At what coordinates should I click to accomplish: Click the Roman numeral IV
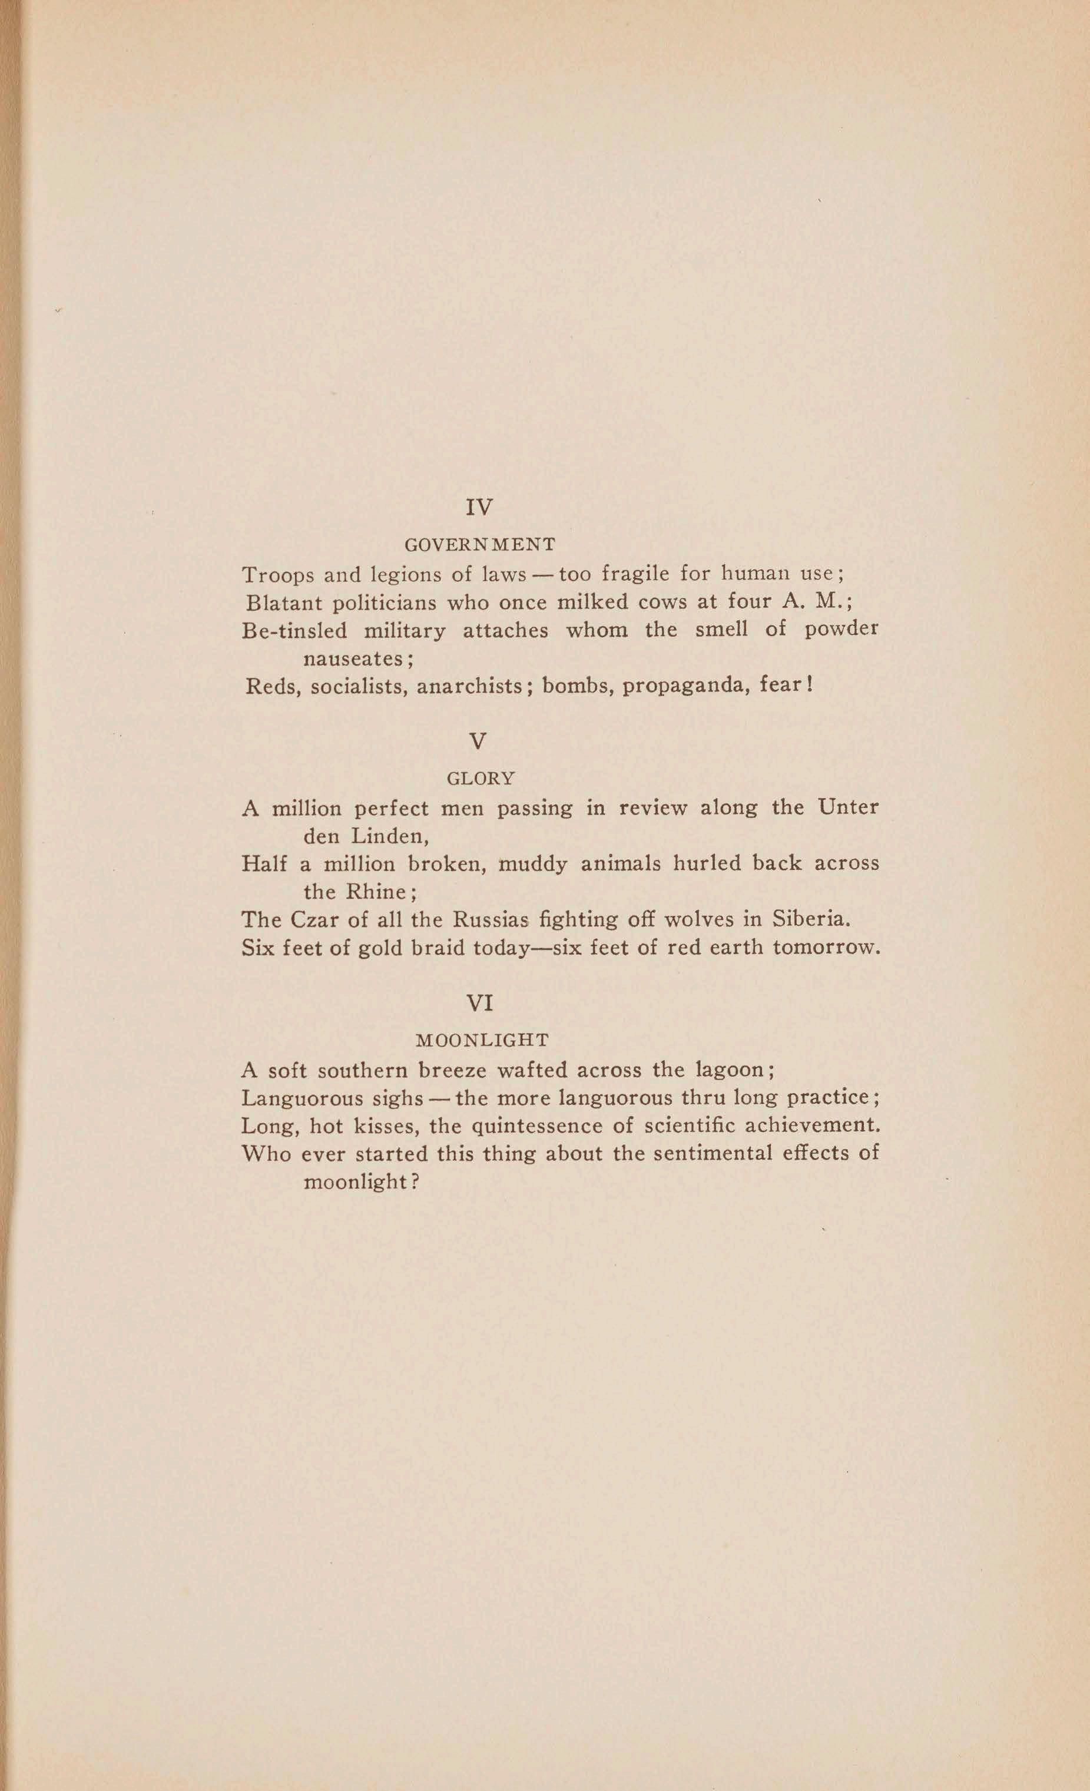click(x=479, y=507)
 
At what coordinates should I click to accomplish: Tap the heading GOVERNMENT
click(x=479, y=544)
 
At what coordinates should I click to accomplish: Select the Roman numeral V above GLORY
click(x=478, y=741)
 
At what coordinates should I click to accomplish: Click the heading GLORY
click(x=481, y=779)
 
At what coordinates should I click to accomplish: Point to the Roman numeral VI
click(x=479, y=1004)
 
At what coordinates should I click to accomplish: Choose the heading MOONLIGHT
click(x=482, y=1040)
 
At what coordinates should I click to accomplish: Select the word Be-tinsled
click(x=294, y=631)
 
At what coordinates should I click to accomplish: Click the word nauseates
click(x=354, y=658)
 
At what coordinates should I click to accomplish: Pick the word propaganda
click(x=681, y=686)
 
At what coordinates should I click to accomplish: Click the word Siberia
click(x=809, y=919)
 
